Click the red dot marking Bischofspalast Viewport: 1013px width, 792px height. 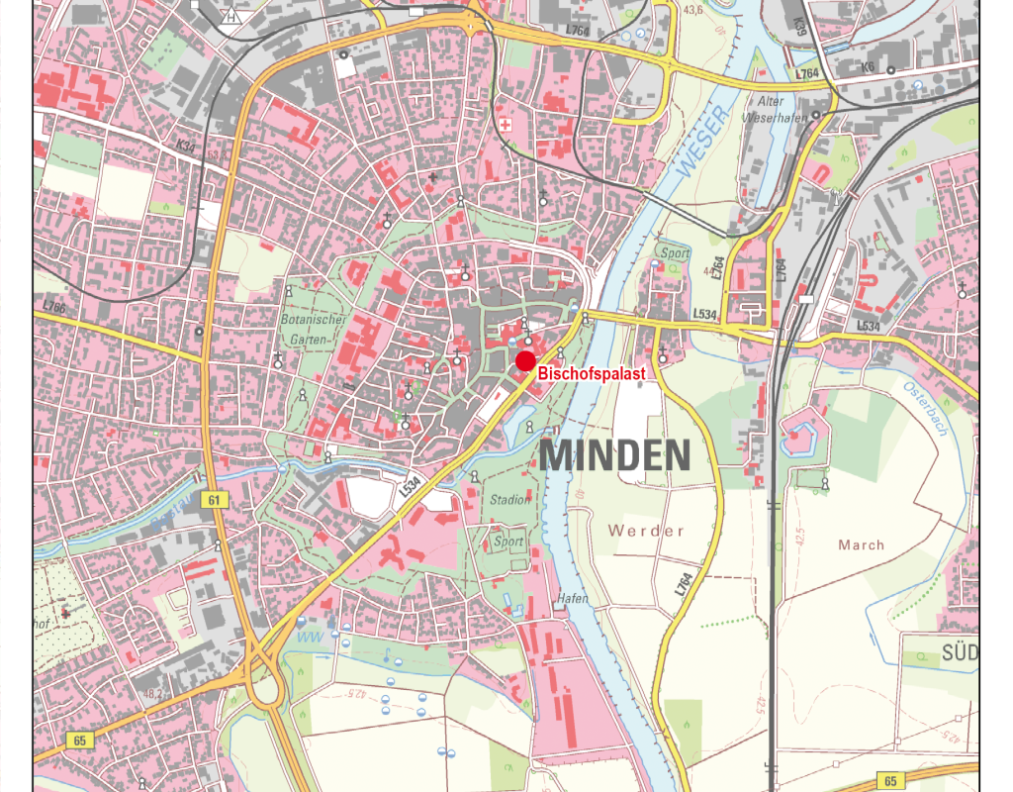[x=525, y=360]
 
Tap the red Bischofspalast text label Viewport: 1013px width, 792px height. [x=592, y=374]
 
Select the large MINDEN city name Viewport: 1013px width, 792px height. [x=614, y=456]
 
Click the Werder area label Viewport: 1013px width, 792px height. [x=646, y=531]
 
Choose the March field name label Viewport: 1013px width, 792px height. [x=861, y=544]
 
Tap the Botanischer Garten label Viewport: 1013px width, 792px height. [x=312, y=329]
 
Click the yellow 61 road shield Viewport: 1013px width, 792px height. [x=214, y=500]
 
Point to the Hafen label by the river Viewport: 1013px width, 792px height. [x=572, y=599]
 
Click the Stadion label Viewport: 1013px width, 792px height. [x=510, y=500]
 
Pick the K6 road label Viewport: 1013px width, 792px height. [x=869, y=68]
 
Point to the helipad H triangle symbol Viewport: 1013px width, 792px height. [x=231, y=17]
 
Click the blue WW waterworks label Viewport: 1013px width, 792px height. [x=310, y=638]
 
